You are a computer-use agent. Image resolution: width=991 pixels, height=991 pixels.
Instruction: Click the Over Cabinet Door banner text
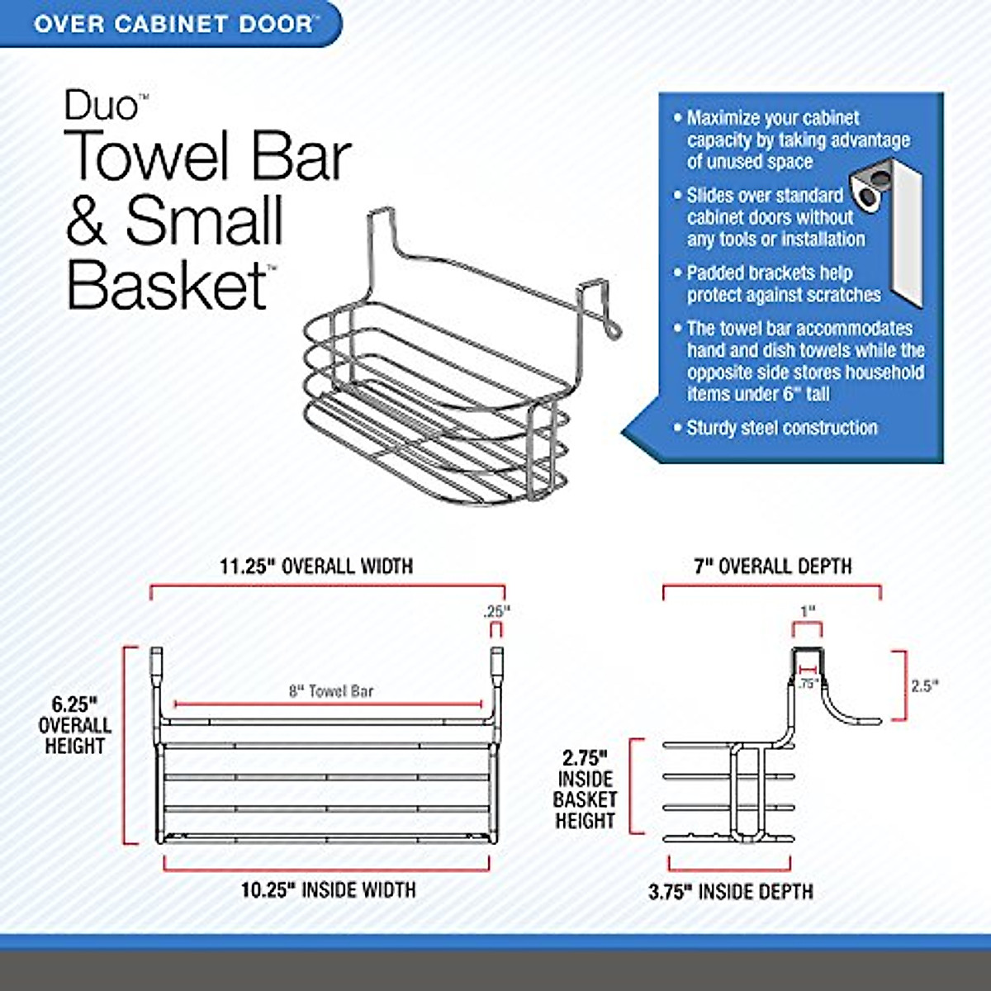click(x=173, y=22)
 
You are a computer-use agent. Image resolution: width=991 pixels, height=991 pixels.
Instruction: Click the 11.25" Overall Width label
click(x=316, y=567)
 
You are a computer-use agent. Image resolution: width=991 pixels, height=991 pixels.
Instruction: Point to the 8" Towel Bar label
click(x=331, y=691)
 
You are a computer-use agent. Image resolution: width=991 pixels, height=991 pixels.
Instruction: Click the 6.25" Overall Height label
click(x=74, y=725)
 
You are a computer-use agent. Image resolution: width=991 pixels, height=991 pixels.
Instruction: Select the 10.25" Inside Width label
click(x=328, y=889)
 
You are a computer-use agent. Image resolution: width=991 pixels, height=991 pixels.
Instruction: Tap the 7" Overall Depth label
click(x=772, y=567)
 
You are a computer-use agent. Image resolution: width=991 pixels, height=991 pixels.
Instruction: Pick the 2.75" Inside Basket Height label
click(x=585, y=789)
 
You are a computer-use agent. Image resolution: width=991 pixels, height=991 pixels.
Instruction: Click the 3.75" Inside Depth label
click(x=730, y=891)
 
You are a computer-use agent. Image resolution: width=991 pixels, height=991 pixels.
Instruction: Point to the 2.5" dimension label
click(x=925, y=685)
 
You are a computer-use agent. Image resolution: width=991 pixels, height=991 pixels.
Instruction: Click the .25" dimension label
click(x=497, y=612)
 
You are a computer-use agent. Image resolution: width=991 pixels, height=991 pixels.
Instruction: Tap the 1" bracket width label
click(x=807, y=611)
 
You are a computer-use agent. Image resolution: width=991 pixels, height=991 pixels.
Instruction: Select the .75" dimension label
click(x=808, y=684)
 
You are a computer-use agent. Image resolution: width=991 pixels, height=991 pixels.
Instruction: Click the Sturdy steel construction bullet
click(x=781, y=428)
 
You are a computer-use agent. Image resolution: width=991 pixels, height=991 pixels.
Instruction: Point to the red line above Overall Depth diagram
click(x=771, y=588)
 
